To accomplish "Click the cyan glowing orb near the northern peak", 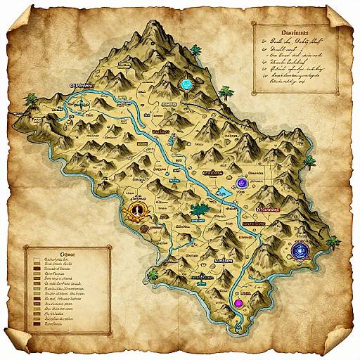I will [186, 83].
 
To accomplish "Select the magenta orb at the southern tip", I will [238, 303].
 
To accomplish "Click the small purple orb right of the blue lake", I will [242, 183].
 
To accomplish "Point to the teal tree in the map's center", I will [198, 209].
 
